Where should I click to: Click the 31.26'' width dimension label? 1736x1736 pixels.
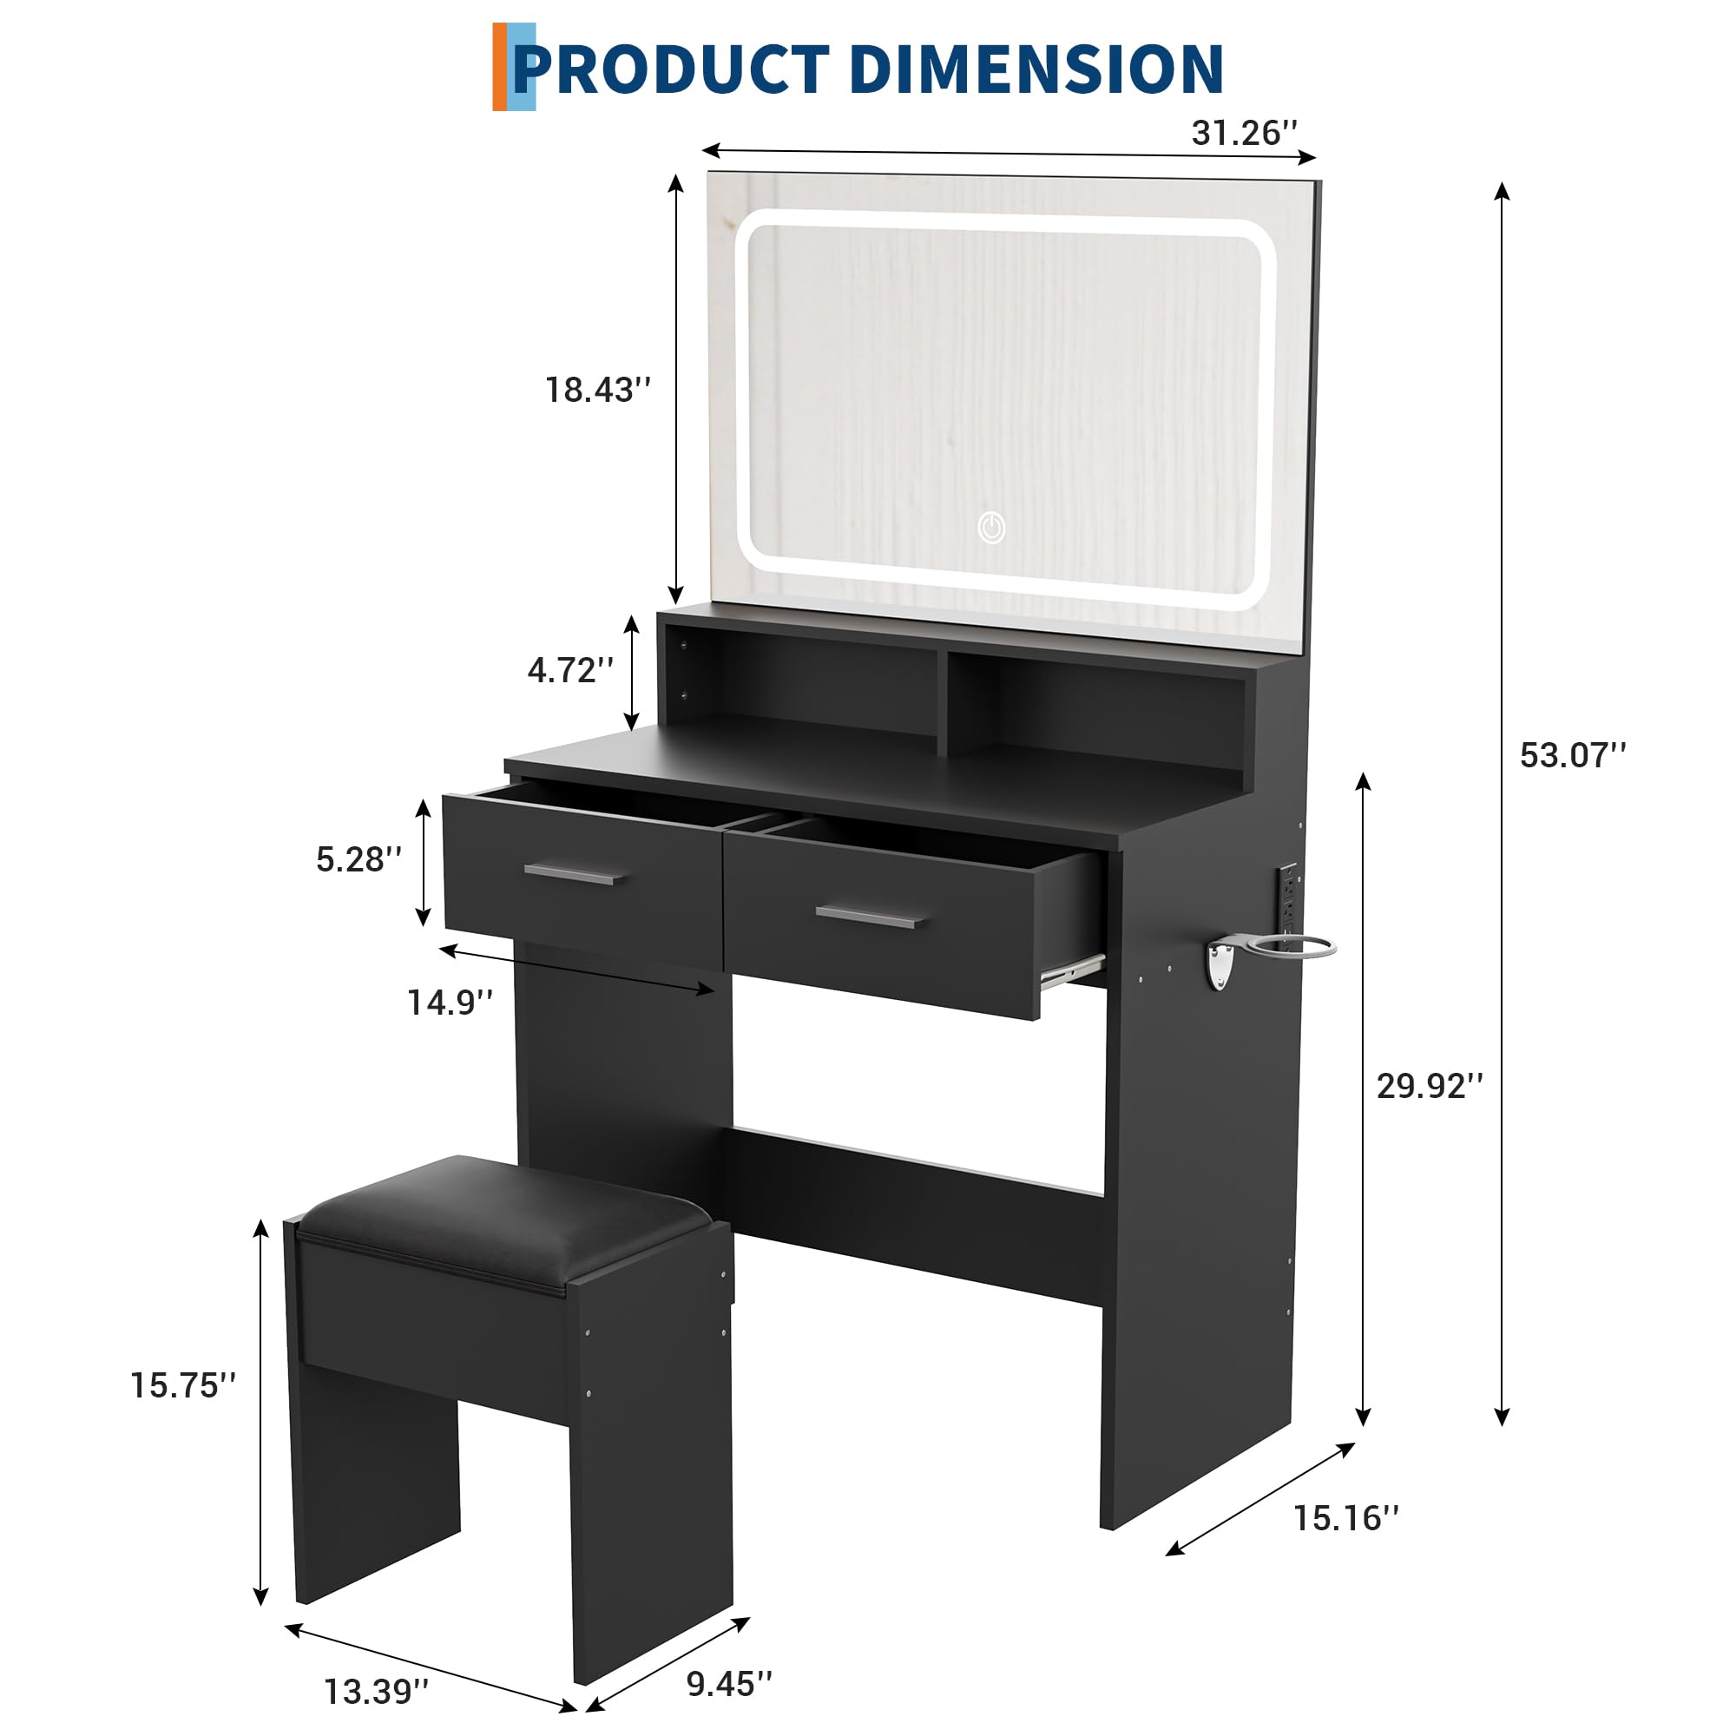point(1244,133)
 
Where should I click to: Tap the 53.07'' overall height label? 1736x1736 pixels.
point(1573,755)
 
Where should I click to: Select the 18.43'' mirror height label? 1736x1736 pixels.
point(597,390)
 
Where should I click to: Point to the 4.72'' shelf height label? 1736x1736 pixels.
point(570,670)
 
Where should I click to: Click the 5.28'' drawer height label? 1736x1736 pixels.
point(358,859)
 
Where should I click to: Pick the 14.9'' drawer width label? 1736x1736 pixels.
point(450,1002)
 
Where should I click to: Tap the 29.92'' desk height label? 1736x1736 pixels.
point(1430,1086)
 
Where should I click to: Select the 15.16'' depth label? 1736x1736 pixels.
point(1345,1517)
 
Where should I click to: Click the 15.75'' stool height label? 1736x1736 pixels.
point(183,1384)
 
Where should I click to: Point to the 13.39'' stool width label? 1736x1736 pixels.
point(377,1691)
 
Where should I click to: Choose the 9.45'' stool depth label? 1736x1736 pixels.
point(729,1683)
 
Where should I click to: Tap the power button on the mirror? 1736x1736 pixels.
point(991,528)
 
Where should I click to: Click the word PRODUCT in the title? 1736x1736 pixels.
point(669,69)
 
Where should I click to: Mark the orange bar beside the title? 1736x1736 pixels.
point(499,68)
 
